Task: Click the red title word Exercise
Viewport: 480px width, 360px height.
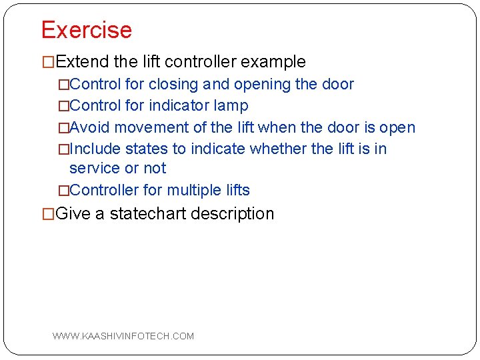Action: [x=87, y=30]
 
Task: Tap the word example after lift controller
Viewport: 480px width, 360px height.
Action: [x=273, y=62]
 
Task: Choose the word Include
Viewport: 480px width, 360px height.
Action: [x=95, y=149]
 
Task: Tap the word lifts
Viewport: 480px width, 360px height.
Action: [x=237, y=190]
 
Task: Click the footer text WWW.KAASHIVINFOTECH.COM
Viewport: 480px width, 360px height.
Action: [x=123, y=336]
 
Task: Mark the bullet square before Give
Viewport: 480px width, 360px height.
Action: [x=48, y=215]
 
